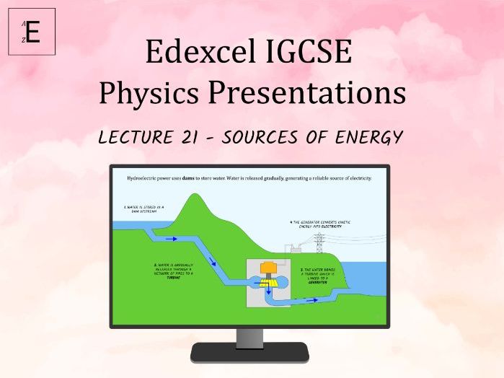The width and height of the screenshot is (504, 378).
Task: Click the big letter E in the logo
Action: coord(33,32)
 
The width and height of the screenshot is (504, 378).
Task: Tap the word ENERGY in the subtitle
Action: coord(367,137)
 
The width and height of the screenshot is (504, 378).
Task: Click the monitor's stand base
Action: coord(249,353)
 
